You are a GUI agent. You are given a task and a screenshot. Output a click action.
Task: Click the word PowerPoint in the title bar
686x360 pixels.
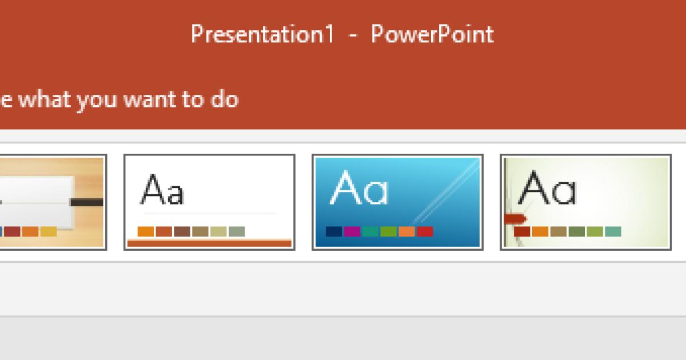[x=432, y=35]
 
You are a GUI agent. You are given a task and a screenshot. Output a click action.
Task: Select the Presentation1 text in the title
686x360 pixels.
[x=262, y=35]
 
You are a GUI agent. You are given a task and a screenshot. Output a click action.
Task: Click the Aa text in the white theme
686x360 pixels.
[x=162, y=191]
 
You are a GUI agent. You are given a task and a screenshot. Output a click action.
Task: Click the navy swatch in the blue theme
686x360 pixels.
[x=334, y=231]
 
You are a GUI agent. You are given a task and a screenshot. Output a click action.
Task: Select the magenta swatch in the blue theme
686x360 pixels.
[x=352, y=231]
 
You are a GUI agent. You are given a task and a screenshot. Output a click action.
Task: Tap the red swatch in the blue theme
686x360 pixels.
[x=425, y=231]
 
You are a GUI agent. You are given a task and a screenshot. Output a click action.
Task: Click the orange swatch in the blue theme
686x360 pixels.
[x=406, y=231]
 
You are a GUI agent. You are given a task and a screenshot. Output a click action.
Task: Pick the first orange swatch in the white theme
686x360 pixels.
[x=146, y=231]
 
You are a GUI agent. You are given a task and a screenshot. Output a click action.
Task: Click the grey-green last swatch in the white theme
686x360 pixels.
[x=237, y=231]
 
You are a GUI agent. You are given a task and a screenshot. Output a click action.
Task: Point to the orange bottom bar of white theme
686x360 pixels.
[x=209, y=243]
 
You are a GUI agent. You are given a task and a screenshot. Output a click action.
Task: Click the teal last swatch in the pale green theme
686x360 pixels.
[x=613, y=231]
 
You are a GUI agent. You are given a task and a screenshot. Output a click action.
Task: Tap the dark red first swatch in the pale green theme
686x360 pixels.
[x=522, y=231]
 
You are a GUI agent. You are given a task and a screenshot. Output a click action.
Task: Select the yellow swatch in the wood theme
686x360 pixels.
[x=49, y=231]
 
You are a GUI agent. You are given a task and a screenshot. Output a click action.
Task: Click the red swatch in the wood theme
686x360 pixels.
[x=13, y=231]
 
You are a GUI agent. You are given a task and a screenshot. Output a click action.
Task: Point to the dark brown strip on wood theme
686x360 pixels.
[x=87, y=202]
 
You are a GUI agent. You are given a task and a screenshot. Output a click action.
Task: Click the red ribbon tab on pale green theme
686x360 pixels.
[x=513, y=218]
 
